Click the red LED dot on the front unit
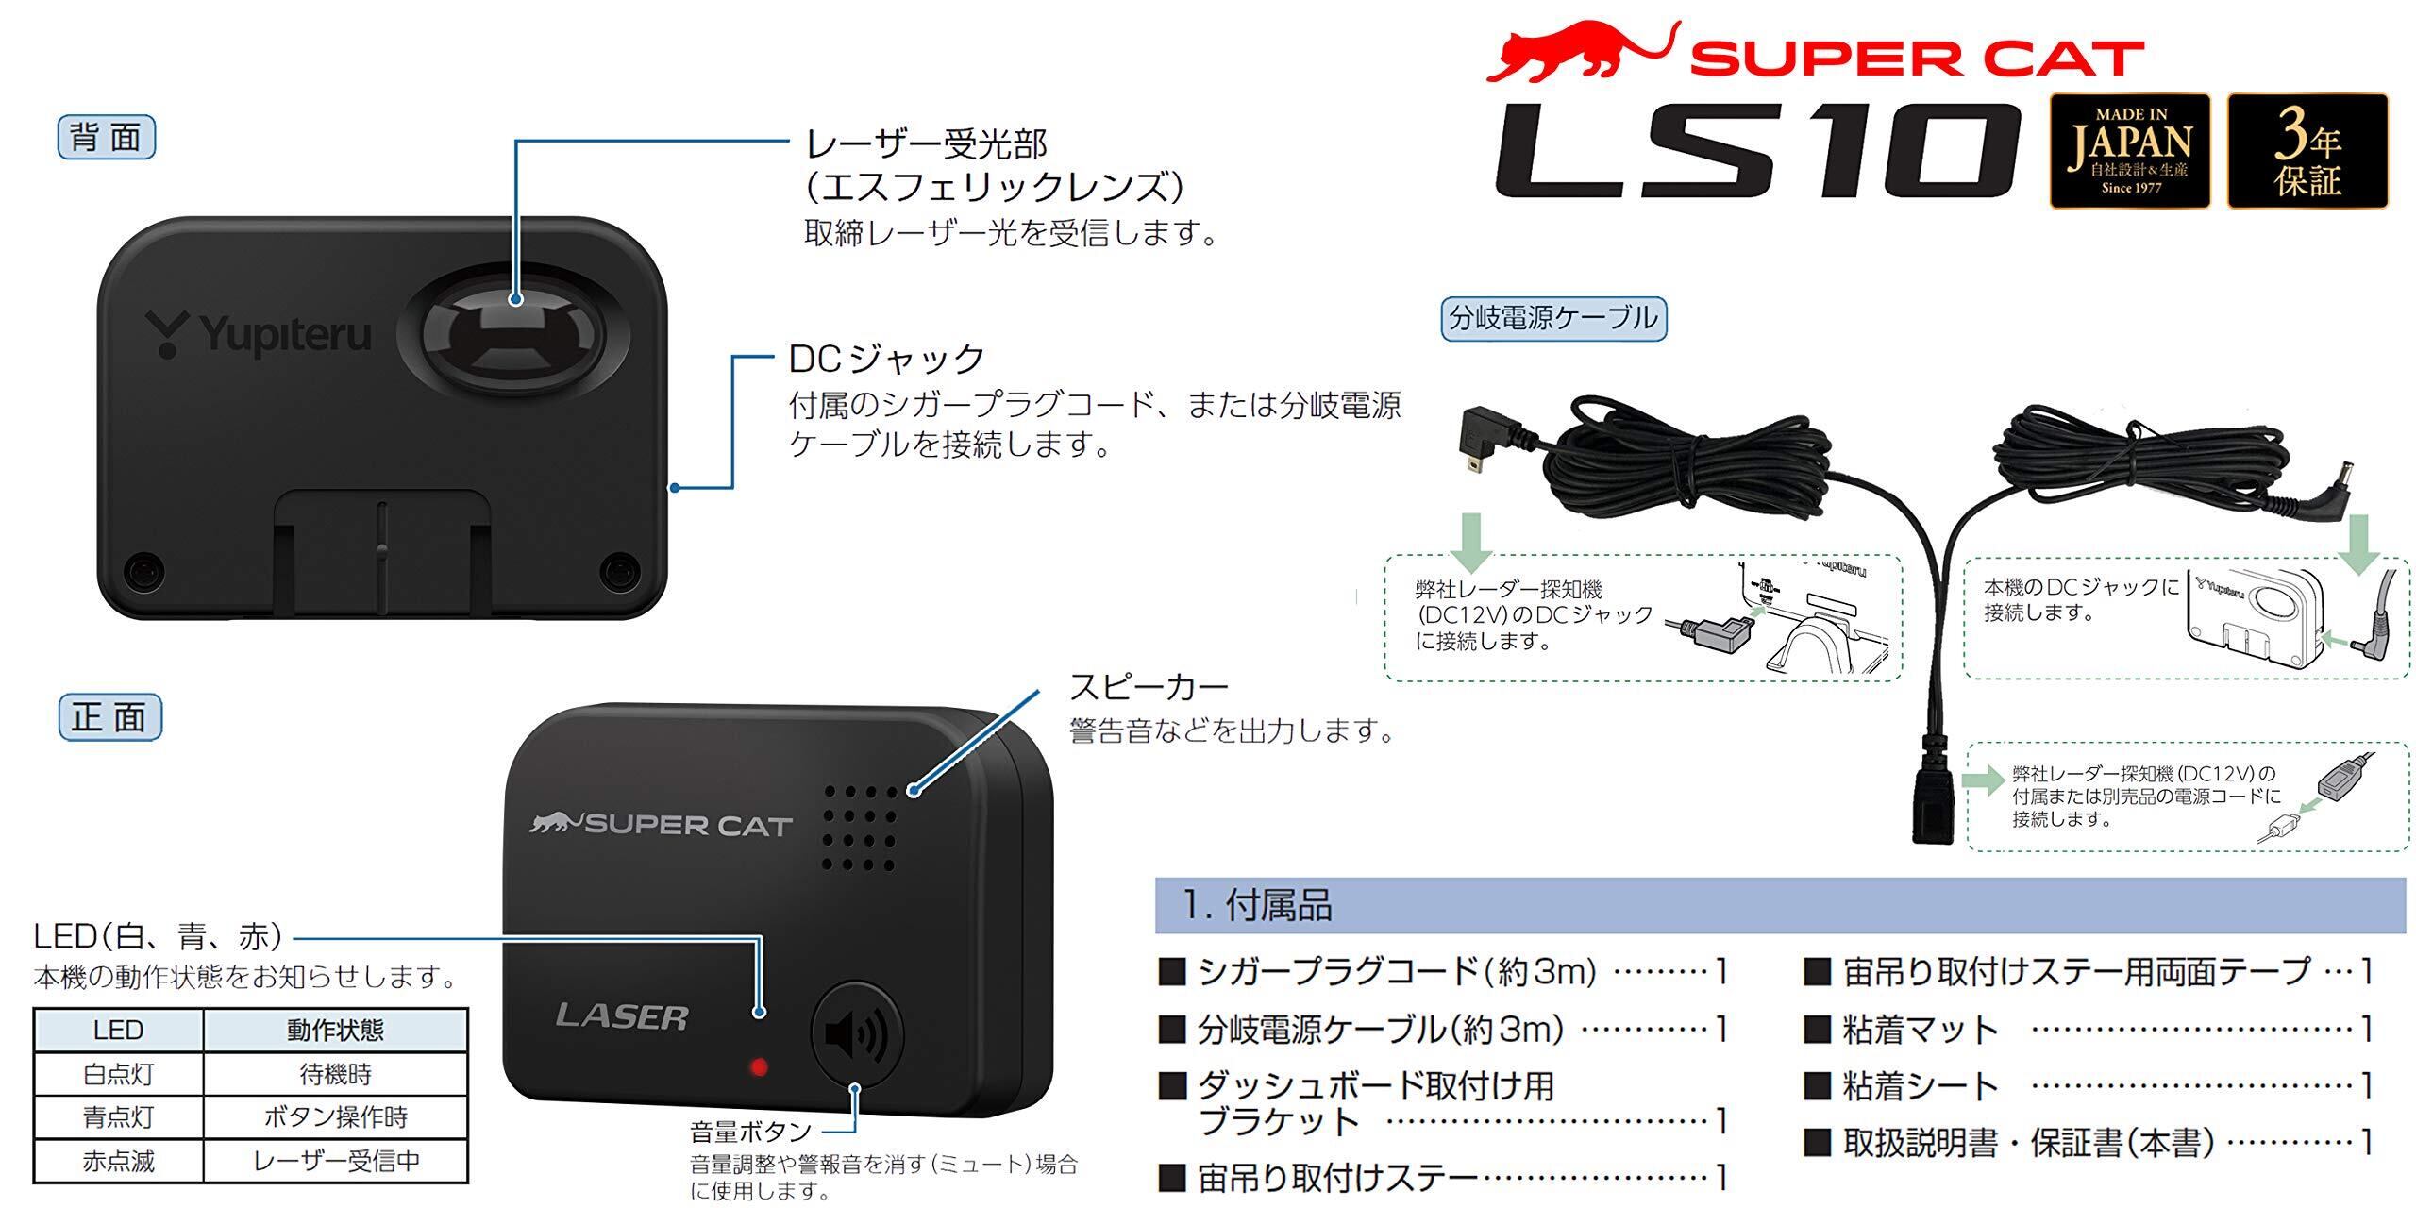[758, 1067]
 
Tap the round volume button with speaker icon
[857, 1034]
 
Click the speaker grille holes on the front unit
[858, 827]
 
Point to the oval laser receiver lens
[511, 339]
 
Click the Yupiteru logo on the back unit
[259, 335]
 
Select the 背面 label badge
[106, 138]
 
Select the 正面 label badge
[109, 717]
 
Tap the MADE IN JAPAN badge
[2129, 151]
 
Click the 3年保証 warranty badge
[2307, 151]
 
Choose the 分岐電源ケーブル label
[1553, 318]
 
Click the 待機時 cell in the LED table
[335, 1074]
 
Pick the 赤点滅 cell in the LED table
[118, 1161]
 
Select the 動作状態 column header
[335, 1030]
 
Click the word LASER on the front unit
[622, 1016]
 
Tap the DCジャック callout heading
[887, 359]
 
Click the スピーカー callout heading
[1148, 687]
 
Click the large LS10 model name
[1755, 151]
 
